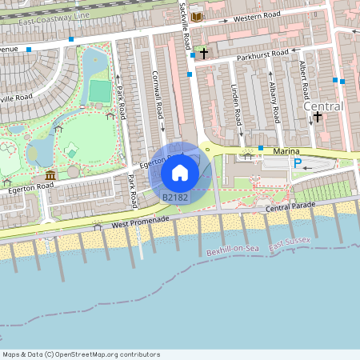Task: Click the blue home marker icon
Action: tap(180, 172)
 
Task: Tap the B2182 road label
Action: tap(175, 197)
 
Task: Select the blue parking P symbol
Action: tap(298, 164)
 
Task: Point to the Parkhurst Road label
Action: tap(258, 54)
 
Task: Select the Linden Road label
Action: tap(237, 104)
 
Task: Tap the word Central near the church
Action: tap(323, 106)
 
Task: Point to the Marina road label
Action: tap(286, 150)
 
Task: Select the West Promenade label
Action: tap(141, 221)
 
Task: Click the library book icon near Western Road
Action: tap(197, 16)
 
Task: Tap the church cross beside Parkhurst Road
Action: tap(204, 54)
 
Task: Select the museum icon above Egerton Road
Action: tap(50, 175)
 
